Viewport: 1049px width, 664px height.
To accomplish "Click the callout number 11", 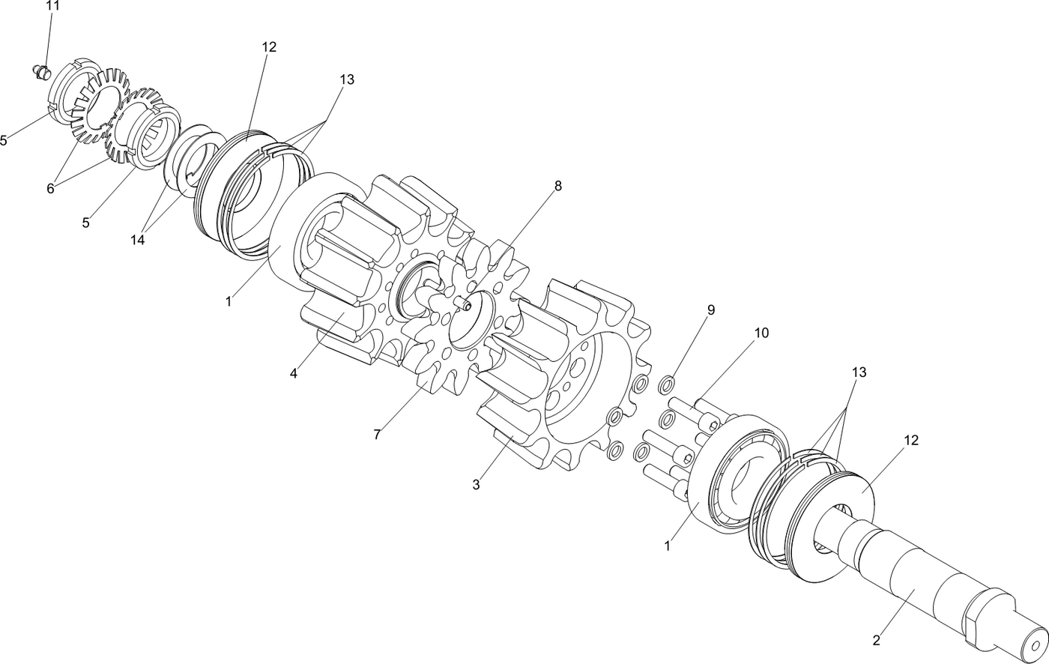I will click(52, 5).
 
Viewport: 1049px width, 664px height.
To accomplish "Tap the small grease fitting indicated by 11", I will click(42, 72).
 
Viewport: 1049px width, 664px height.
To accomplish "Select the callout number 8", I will click(557, 186).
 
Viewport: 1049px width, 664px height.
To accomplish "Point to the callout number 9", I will click(710, 310).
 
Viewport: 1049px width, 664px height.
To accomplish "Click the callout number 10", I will click(761, 333).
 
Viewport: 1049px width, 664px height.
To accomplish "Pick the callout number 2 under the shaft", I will click(876, 641).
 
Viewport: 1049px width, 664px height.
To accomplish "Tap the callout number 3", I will click(476, 485).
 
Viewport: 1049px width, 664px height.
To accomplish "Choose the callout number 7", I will click(378, 435).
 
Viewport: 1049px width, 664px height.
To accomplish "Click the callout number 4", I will click(294, 373).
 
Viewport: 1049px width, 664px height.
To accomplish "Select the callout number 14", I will click(137, 240).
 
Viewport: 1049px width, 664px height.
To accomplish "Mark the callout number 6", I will click(50, 189).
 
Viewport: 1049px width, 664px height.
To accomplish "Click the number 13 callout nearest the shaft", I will click(859, 372).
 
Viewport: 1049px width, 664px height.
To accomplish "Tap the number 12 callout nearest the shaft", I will click(910, 441).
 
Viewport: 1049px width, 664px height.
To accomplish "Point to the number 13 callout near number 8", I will click(346, 79).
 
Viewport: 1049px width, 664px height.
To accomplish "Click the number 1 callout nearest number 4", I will click(229, 302).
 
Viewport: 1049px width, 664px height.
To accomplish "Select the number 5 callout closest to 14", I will click(86, 223).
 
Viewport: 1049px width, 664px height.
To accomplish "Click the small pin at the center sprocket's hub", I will click(463, 304).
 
